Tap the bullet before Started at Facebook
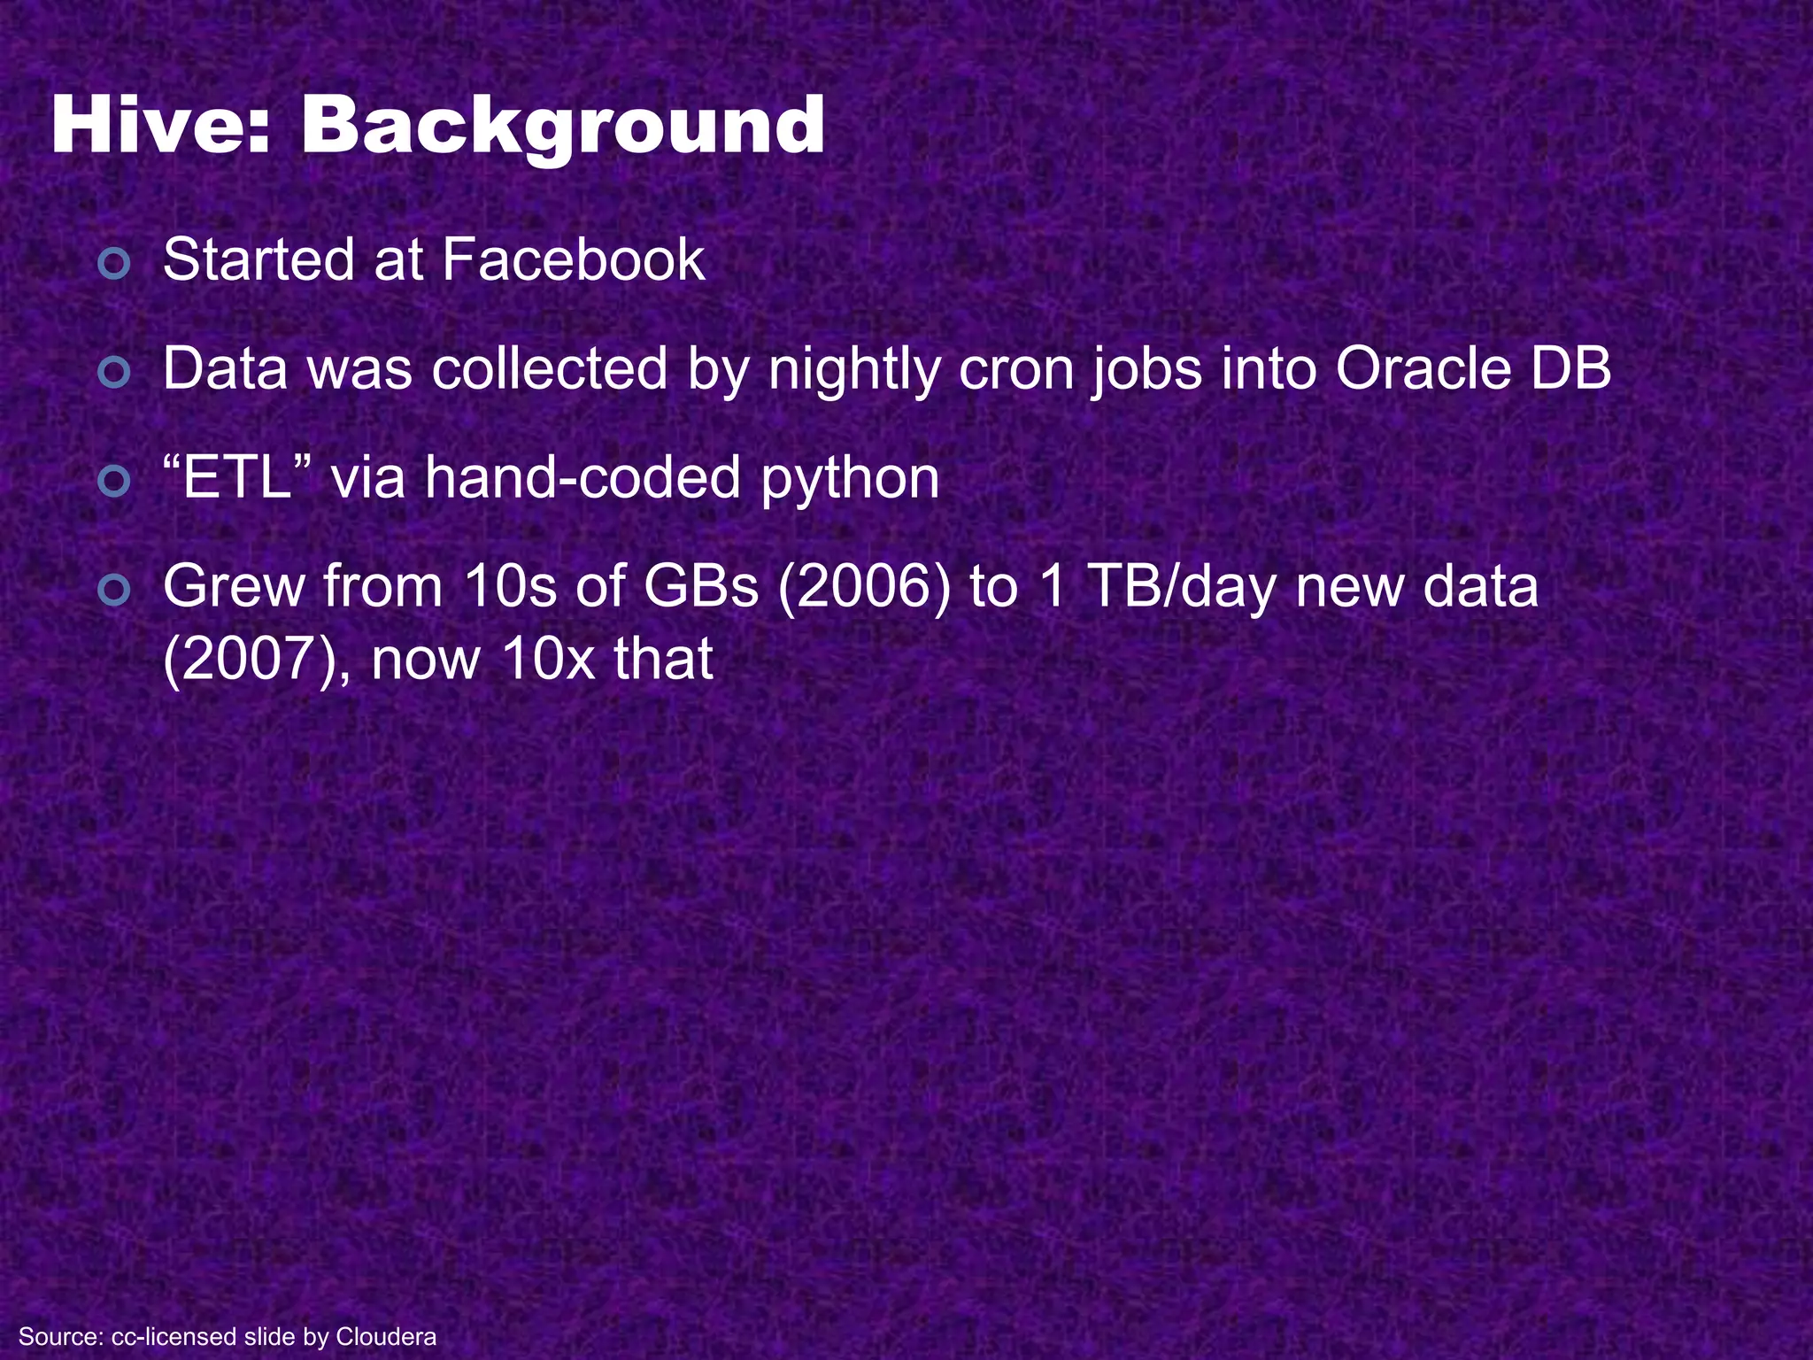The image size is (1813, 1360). (x=115, y=263)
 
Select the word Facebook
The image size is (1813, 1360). (x=573, y=260)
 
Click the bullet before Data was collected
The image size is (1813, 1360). (x=115, y=373)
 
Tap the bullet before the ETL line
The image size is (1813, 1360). (x=115, y=482)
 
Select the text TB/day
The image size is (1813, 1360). (x=1181, y=587)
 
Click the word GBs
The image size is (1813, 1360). (x=700, y=587)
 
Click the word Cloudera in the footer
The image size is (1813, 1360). (x=386, y=1336)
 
